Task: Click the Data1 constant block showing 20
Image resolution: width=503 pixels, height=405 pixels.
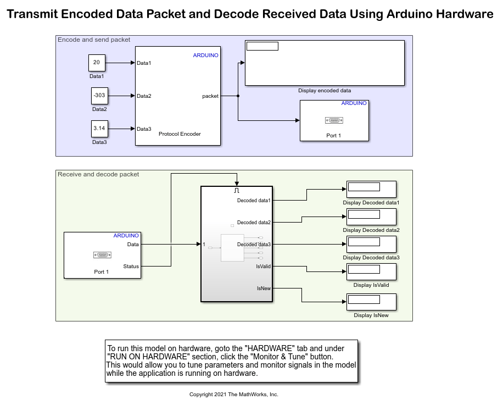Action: click(97, 63)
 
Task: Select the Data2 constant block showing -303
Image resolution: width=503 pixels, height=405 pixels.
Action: click(99, 96)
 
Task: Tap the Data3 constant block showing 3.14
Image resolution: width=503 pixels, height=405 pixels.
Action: click(99, 129)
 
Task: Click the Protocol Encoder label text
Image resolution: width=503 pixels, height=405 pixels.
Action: click(180, 134)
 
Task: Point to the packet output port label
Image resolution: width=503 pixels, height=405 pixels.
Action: click(210, 96)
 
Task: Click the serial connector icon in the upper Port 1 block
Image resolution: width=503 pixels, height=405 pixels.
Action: click(333, 120)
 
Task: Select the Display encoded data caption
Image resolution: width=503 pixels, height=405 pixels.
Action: click(325, 91)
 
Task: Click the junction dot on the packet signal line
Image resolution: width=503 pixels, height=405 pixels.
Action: click(238, 96)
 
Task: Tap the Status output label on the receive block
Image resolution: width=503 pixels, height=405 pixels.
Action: click(131, 267)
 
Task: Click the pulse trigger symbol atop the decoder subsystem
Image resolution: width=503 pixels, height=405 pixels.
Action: click(237, 190)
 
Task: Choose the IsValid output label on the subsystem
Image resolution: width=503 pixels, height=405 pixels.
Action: click(263, 267)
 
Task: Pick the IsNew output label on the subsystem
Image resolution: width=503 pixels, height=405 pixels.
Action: click(264, 288)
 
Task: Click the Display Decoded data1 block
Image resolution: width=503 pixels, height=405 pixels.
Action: click(371, 189)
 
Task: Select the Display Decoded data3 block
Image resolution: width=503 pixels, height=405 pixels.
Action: click(371, 244)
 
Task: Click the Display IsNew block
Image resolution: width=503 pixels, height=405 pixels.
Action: click(371, 302)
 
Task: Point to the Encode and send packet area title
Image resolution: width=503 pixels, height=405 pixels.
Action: click(94, 40)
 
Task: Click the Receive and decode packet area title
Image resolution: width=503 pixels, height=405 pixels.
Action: click(98, 174)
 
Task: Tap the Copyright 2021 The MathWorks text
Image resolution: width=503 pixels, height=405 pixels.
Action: click(234, 395)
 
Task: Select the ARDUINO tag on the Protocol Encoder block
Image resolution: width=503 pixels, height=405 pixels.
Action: click(205, 56)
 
